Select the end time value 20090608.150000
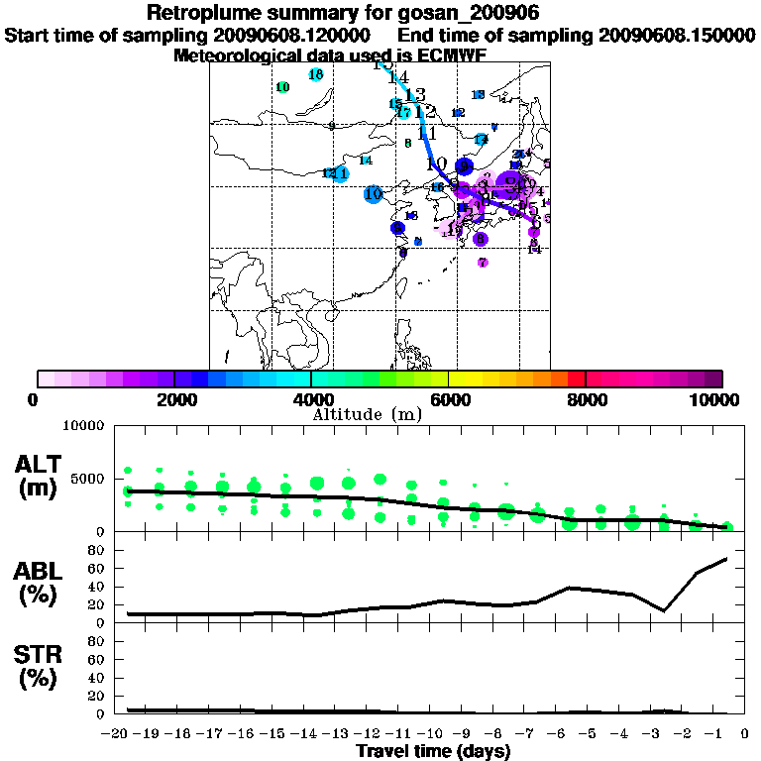[677, 35]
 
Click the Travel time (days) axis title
[433, 751]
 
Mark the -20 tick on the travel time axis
[118, 732]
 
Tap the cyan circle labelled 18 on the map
[316, 75]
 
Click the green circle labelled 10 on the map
[283, 87]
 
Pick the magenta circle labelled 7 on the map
[483, 263]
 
